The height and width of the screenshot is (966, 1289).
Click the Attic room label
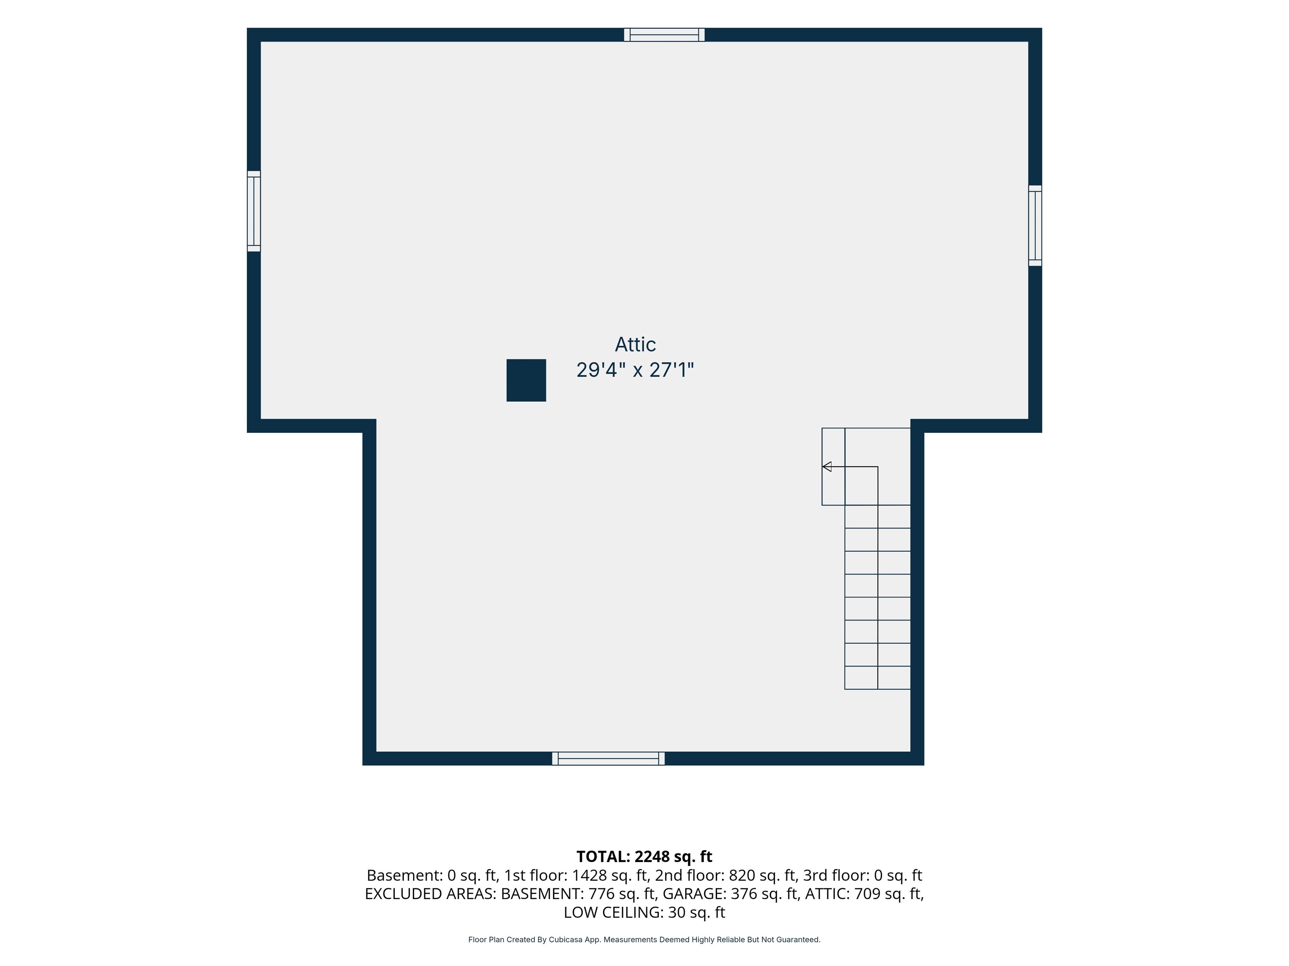click(635, 344)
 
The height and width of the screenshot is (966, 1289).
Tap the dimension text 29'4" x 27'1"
click(635, 370)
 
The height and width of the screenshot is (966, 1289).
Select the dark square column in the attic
click(526, 380)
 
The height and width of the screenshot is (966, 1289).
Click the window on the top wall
click(664, 35)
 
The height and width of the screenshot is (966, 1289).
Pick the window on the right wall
click(1035, 226)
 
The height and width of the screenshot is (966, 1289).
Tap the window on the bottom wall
click(608, 759)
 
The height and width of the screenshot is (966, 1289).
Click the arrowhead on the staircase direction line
click(826, 466)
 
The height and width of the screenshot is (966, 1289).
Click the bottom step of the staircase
click(878, 678)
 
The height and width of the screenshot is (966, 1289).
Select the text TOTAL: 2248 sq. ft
click(644, 857)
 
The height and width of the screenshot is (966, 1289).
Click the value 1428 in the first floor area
click(589, 875)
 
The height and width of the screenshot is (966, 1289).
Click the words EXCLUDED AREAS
click(430, 894)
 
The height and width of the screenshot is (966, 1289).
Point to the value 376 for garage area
click(744, 894)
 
